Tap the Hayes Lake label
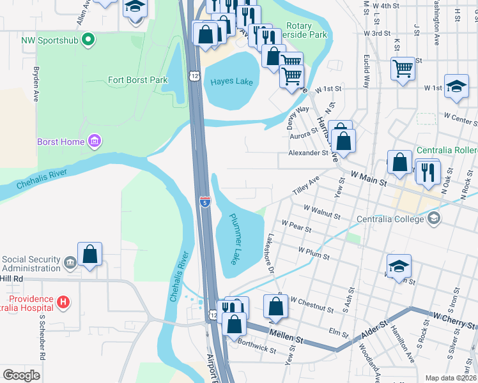pos(229,82)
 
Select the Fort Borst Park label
pos(137,80)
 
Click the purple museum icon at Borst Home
pos(94,140)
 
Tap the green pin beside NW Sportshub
pos(89,40)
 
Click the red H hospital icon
pos(63,301)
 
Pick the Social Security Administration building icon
pos(70,260)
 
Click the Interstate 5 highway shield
pos(204,202)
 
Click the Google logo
pos(22,375)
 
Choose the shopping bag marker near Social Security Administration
pos(91,253)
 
